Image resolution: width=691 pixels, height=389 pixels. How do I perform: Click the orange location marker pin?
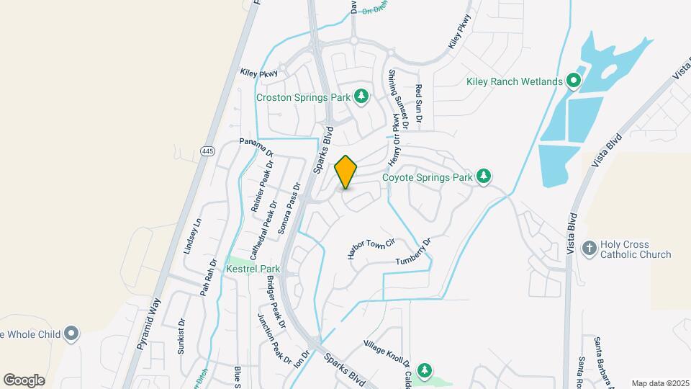tap(346, 171)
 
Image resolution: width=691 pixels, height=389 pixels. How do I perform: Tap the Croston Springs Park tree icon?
tap(361, 97)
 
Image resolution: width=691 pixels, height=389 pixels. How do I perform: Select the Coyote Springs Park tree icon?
tap(484, 176)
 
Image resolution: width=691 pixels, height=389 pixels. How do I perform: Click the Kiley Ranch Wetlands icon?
tap(574, 81)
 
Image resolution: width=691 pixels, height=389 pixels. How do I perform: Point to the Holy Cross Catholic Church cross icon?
tap(589, 249)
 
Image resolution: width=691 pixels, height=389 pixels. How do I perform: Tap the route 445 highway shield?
tap(208, 151)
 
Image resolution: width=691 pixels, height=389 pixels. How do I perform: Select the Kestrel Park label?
tap(253, 269)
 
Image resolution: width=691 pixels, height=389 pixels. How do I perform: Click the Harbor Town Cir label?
tap(371, 249)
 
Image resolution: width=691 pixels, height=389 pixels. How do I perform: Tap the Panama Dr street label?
tap(257, 148)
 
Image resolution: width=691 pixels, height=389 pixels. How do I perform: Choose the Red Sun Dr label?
tap(418, 103)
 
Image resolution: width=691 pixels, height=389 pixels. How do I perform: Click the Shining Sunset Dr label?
tap(398, 99)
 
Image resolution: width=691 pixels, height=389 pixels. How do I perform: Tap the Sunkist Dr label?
tap(181, 336)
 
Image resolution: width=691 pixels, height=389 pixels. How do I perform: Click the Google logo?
tap(24, 380)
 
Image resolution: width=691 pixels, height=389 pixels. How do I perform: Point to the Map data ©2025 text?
tap(659, 383)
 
